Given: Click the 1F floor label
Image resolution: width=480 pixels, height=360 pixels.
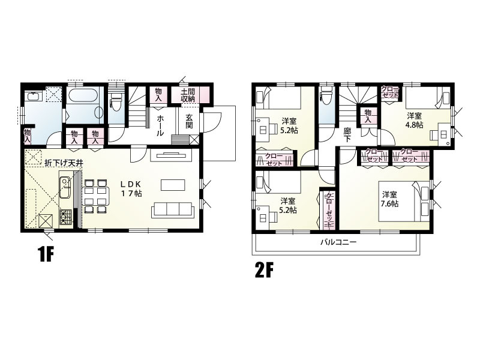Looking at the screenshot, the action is tap(46, 254).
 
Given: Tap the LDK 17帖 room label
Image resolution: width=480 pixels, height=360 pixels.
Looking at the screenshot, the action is tap(130, 188).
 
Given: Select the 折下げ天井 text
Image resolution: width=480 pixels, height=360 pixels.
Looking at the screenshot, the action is tap(64, 163).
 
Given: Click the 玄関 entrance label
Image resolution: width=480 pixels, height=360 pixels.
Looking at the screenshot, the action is tap(189, 121).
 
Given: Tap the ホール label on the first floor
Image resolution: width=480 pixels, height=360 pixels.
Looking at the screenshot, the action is tap(160, 125).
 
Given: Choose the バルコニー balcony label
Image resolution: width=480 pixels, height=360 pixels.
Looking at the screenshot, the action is tap(338, 242).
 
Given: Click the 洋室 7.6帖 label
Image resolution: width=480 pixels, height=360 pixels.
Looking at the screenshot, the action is tap(389, 199).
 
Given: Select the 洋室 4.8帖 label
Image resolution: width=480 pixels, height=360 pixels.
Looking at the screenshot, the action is tap(415, 121).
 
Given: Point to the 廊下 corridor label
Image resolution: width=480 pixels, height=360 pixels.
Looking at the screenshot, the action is tap(347, 134).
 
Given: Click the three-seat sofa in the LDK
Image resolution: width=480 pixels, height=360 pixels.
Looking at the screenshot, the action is tap(173, 210).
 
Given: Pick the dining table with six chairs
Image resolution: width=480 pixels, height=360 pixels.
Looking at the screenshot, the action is tap(95, 196).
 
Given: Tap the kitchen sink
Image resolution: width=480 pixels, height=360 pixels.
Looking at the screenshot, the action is tap(65, 188).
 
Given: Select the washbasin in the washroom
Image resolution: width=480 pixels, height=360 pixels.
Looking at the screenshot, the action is tap(33, 97).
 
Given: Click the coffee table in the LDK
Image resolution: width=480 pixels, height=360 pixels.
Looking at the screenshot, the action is tap(173, 185).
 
